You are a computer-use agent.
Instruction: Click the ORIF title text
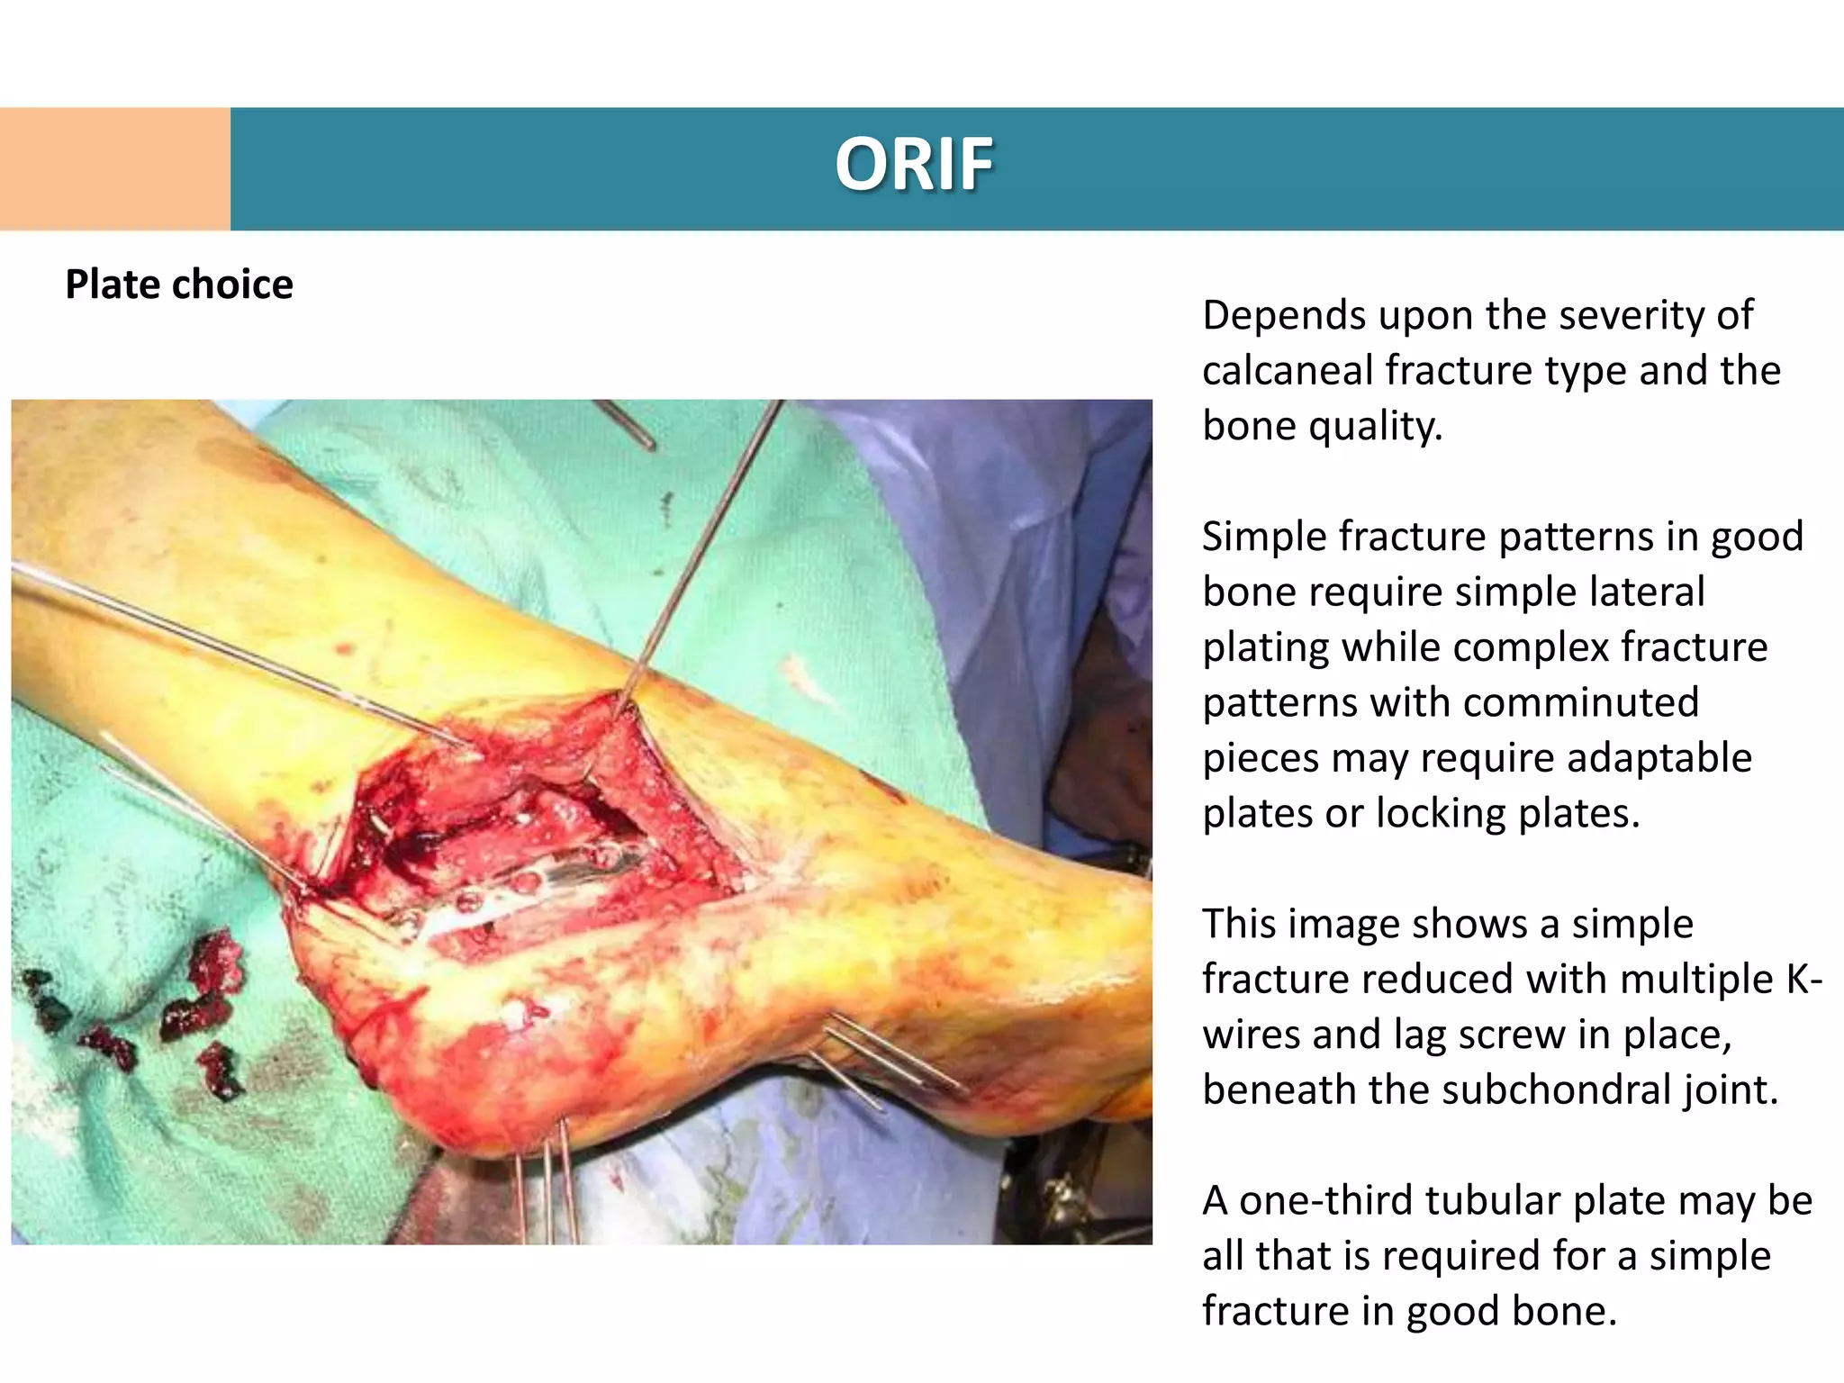pyautogui.click(x=913, y=166)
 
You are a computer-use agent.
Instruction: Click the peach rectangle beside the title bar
pyautogui.click(x=115, y=169)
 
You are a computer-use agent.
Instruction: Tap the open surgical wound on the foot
pyautogui.click(x=531, y=828)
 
